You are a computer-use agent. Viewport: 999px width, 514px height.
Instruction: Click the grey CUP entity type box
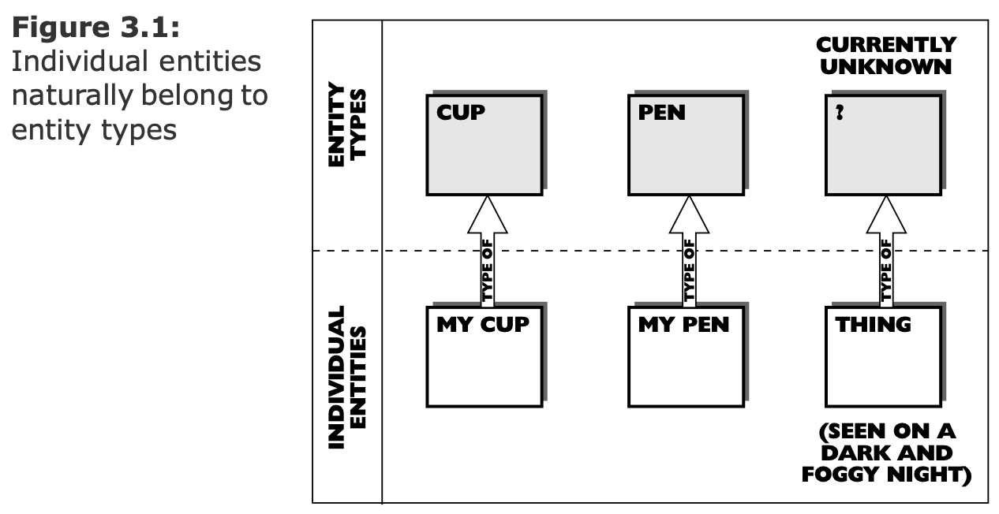(484, 144)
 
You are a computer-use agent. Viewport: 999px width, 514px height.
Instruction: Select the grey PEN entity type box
(686, 144)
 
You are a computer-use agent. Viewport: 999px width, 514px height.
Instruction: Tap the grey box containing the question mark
(883, 144)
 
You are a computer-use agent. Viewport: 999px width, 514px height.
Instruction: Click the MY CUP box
(484, 356)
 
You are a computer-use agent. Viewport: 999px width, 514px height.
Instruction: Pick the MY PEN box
(686, 356)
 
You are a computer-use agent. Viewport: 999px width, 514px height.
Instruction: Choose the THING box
(883, 356)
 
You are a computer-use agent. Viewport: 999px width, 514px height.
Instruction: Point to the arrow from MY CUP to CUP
(487, 252)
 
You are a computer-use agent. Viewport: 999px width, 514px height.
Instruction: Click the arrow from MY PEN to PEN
(689, 252)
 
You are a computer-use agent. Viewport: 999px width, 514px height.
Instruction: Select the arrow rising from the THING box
(885, 252)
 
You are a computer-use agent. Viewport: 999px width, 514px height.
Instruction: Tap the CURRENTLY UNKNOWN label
(885, 55)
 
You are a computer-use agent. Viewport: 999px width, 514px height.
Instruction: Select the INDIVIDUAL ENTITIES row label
(347, 377)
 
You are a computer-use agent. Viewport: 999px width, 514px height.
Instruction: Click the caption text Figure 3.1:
(97, 29)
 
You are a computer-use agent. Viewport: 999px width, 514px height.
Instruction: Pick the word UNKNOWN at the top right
(885, 66)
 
